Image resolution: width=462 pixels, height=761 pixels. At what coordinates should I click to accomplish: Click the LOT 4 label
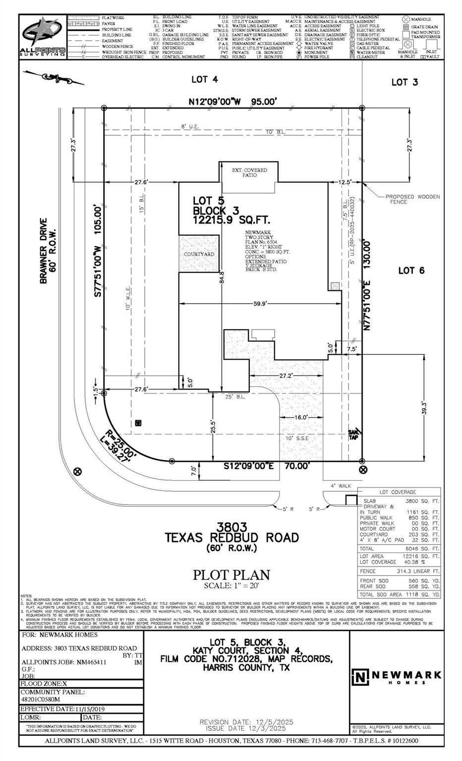(205, 79)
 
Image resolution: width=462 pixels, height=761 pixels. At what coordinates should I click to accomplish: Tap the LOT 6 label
(411, 270)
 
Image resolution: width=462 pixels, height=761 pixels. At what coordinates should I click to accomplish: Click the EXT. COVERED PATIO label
(249, 172)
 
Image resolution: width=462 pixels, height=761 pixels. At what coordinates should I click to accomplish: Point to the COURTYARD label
(199, 254)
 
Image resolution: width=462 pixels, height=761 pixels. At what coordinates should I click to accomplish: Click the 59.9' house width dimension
(260, 304)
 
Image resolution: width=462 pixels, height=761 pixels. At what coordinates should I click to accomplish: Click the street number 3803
(231, 527)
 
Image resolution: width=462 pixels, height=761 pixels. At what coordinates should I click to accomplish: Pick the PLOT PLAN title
(231, 575)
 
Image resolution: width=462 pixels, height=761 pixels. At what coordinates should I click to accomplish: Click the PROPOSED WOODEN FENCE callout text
(412, 199)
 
